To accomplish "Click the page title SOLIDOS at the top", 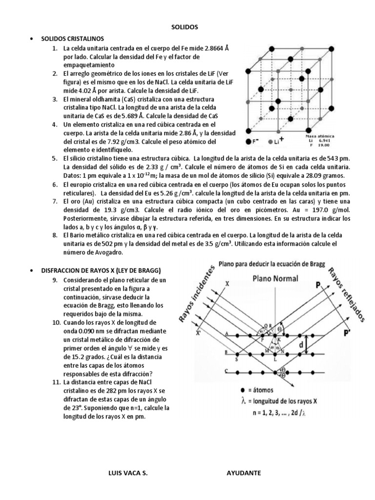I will coord(187,27).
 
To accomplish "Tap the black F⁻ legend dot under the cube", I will coord(249,141).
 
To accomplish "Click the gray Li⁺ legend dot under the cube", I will coord(270,141).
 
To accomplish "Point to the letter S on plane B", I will coord(237,360).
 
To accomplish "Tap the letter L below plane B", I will coord(275,359).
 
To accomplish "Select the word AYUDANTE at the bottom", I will coord(244,473).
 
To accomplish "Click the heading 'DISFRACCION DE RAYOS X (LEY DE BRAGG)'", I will coord(101,271).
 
